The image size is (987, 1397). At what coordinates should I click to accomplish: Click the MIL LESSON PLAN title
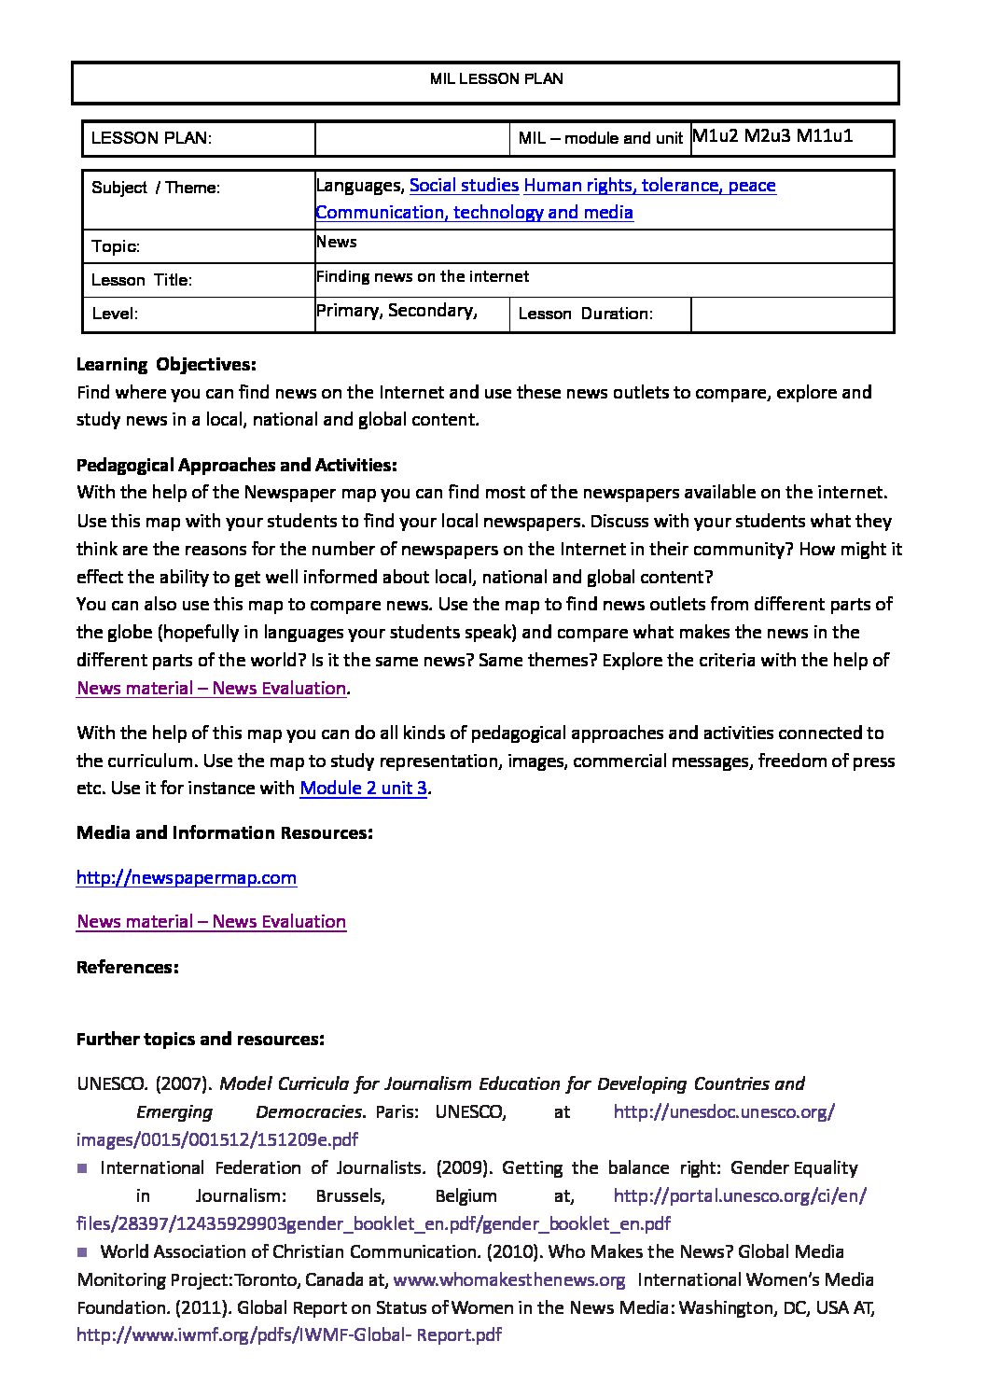tap(496, 79)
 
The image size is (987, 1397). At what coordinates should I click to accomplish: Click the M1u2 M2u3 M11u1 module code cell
tap(772, 136)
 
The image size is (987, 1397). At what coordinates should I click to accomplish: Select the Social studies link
tap(464, 186)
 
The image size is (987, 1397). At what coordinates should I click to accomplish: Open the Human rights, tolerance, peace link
tap(649, 186)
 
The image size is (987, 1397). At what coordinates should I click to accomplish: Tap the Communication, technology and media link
tap(474, 213)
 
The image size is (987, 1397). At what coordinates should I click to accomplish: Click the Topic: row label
tap(116, 247)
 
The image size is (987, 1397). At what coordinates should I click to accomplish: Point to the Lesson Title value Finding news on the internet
tap(423, 277)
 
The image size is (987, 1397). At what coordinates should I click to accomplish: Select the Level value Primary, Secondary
tap(396, 311)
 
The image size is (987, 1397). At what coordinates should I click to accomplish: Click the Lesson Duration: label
tap(585, 314)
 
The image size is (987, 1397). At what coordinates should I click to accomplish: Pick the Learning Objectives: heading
tap(166, 365)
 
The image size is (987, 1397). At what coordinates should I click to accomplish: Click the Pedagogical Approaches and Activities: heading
tap(236, 466)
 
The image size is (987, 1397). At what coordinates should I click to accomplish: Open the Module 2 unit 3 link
tap(363, 789)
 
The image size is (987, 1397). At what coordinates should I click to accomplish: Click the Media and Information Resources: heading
tap(225, 833)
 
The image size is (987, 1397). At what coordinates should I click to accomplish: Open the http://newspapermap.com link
tap(187, 878)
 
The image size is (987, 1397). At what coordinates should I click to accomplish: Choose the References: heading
tap(127, 968)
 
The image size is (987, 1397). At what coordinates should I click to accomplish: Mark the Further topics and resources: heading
tap(201, 1040)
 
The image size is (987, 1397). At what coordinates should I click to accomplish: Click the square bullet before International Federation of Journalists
tap(82, 1167)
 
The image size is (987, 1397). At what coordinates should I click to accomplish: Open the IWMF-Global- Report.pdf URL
tap(289, 1335)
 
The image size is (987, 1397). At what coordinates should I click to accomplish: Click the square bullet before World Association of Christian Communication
tap(82, 1251)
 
